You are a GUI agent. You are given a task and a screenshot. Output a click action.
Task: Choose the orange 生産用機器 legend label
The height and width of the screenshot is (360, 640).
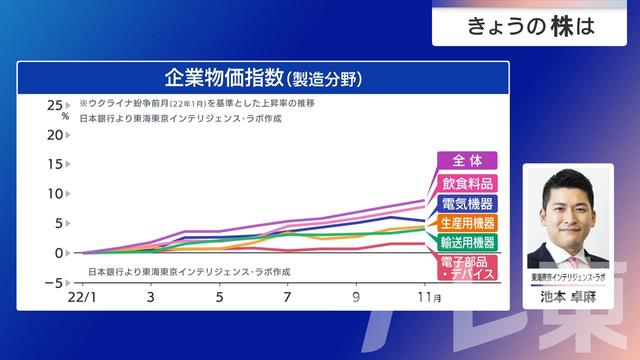pos(467,222)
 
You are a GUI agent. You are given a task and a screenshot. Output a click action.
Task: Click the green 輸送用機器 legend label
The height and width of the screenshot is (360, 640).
pos(467,242)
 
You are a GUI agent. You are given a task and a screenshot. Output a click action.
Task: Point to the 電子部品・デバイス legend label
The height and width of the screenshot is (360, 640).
pos(467,267)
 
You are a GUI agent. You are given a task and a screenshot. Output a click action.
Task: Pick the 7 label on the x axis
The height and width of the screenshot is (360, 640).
pos(287,297)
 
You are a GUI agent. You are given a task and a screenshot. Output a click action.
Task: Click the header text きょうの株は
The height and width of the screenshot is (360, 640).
pos(530,27)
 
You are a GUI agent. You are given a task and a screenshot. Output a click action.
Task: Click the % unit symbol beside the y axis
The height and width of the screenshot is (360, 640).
pos(66,117)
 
